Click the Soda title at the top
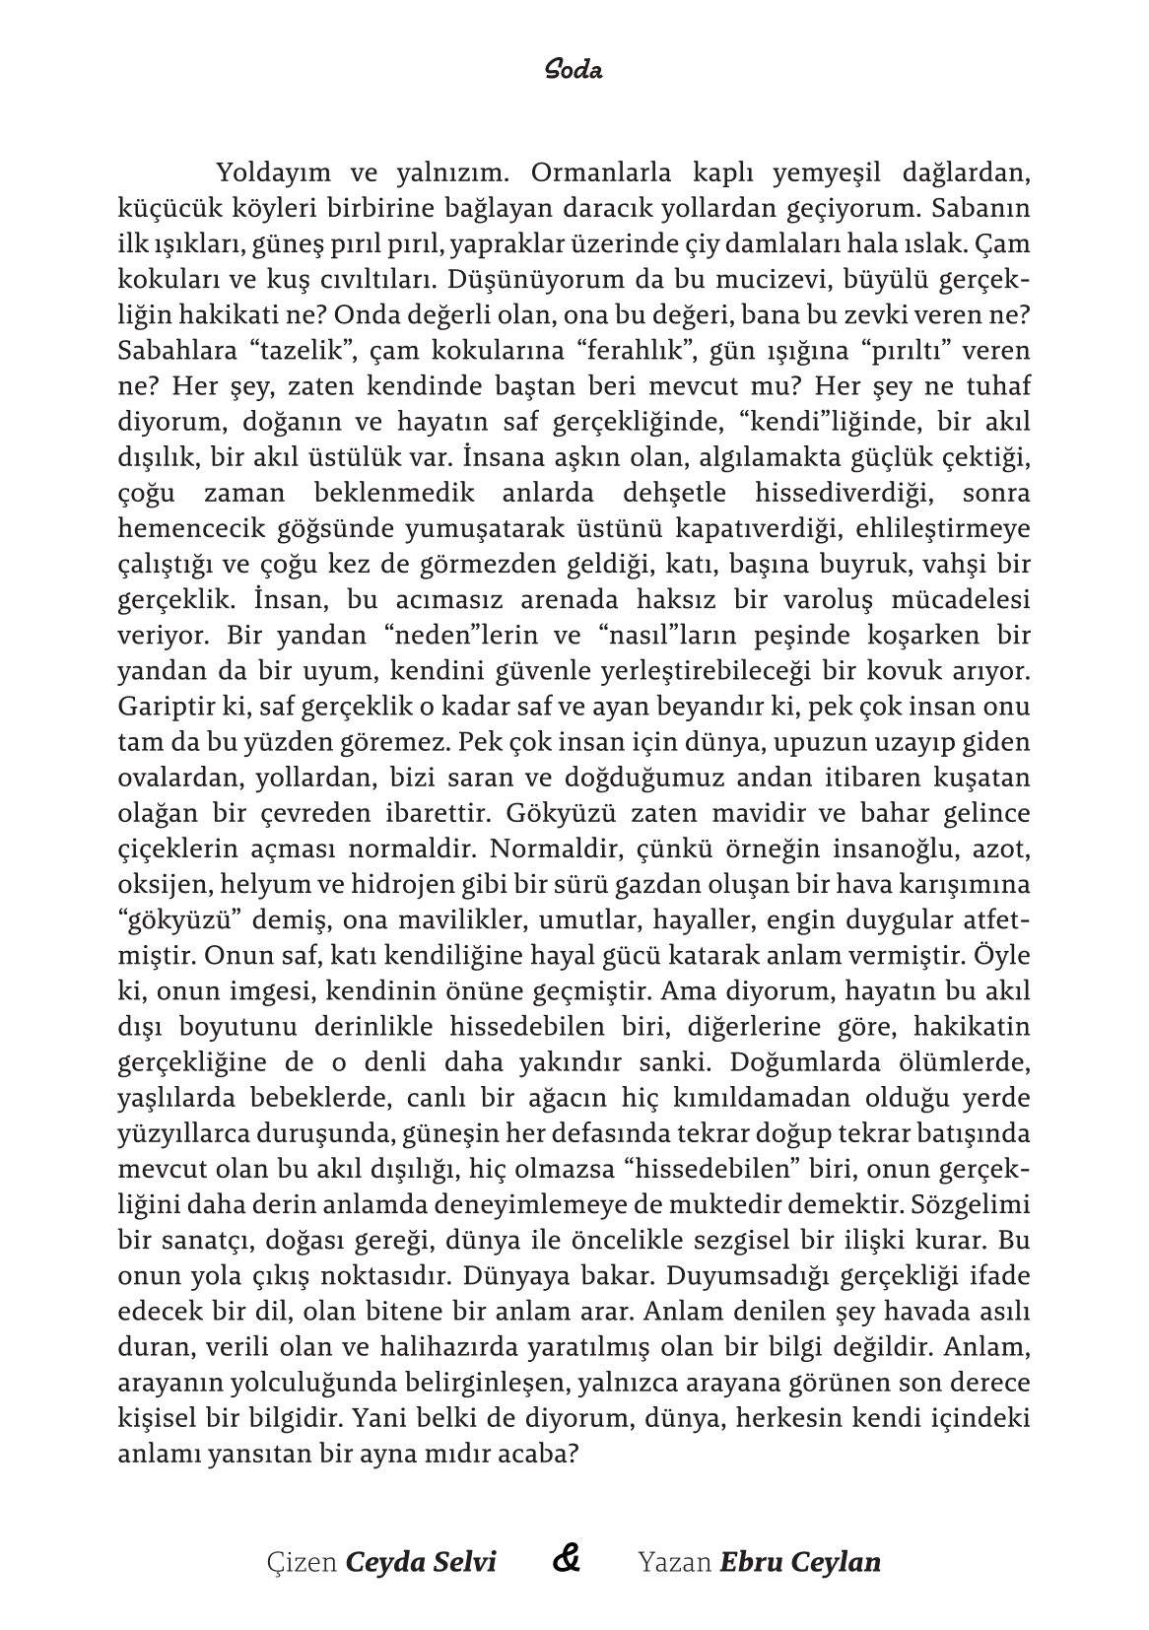point(574,71)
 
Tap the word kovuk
point(915,671)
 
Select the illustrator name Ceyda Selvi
point(421,1562)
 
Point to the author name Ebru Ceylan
point(800,1562)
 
